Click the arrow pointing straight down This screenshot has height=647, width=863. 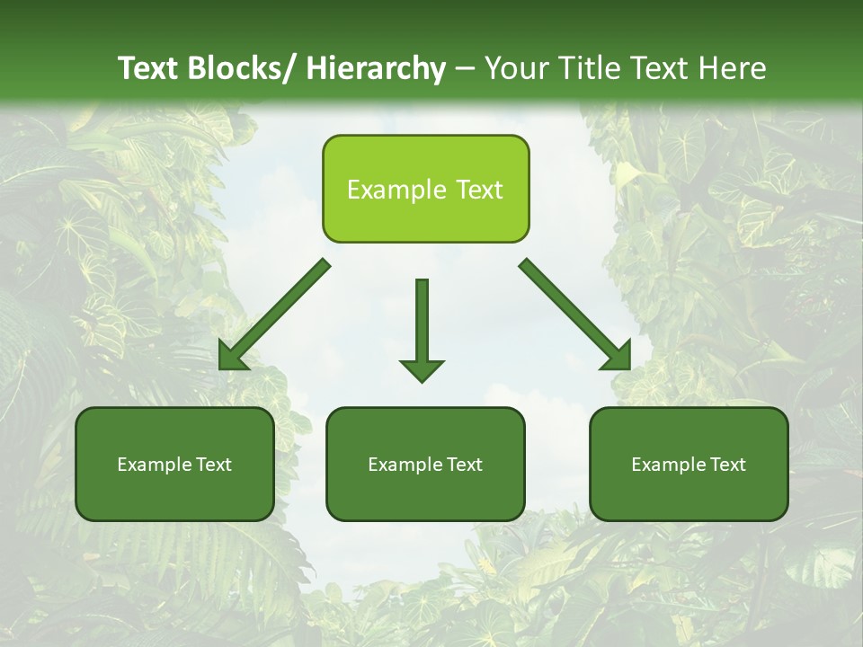click(422, 323)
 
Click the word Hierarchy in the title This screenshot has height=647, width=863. click(376, 68)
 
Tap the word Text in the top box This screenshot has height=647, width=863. click(479, 191)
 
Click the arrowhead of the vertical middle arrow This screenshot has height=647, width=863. click(422, 370)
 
